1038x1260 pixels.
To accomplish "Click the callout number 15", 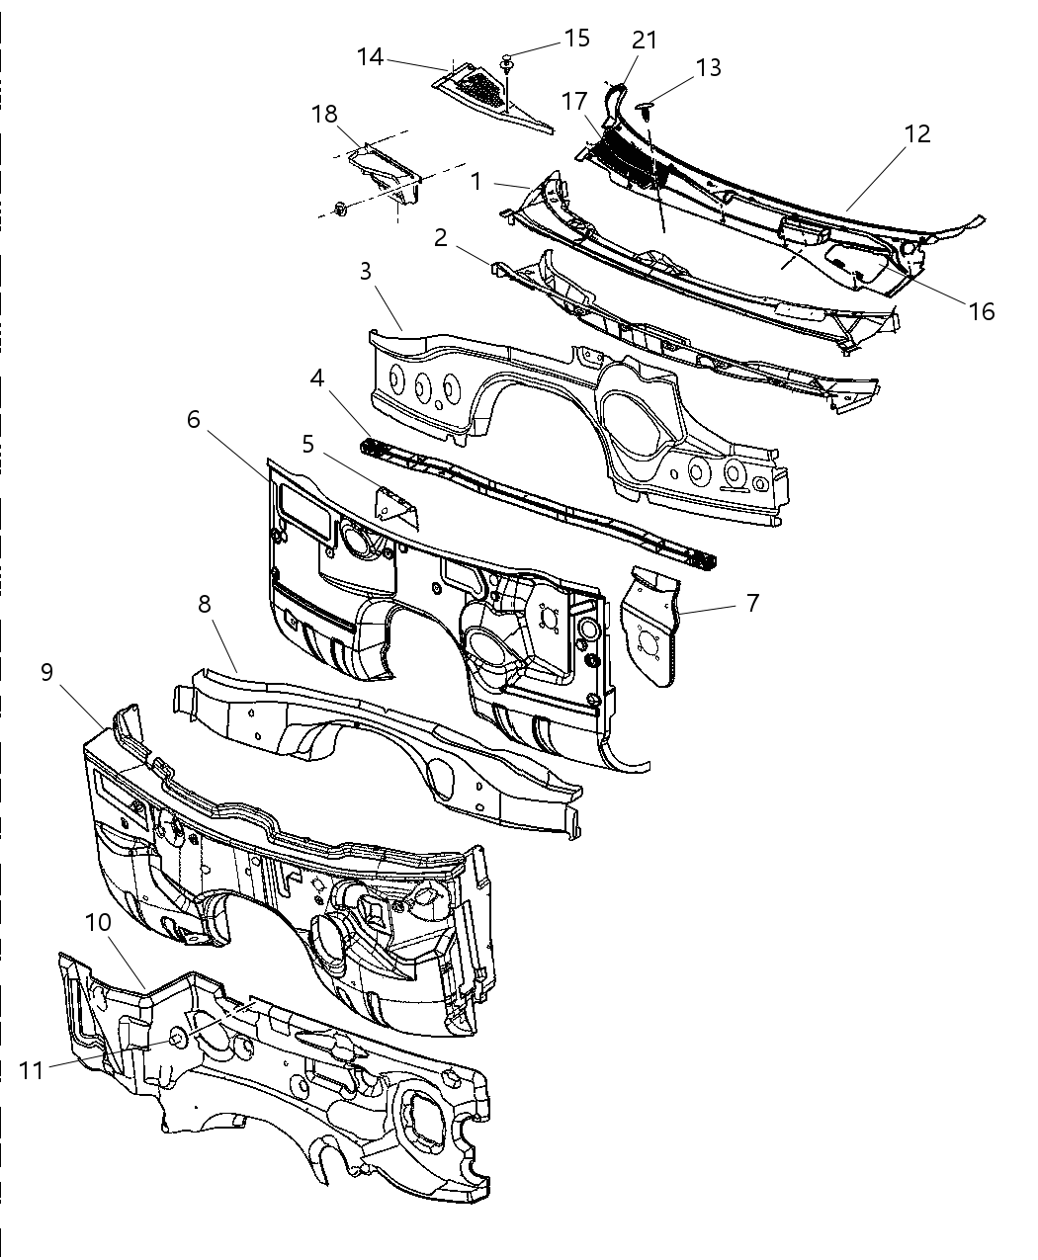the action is pyautogui.click(x=576, y=38).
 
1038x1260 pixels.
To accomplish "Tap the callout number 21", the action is pyautogui.click(x=645, y=40).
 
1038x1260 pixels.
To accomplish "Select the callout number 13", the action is pyautogui.click(x=708, y=67).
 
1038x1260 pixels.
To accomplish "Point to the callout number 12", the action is pyautogui.click(x=917, y=133).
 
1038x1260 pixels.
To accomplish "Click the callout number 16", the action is pyautogui.click(x=982, y=311).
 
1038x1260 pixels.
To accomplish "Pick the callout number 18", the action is pyautogui.click(x=324, y=114).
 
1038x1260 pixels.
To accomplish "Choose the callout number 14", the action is pyautogui.click(x=370, y=56).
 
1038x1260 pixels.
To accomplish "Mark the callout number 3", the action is pyautogui.click(x=366, y=272).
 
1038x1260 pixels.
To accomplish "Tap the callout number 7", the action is pyautogui.click(x=752, y=603).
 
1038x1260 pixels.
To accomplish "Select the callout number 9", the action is pyautogui.click(x=47, y=672).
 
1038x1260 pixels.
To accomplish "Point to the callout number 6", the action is pyautogui.click(x=193, y=419).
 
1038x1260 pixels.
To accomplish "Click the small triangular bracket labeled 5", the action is pyautogui.click(x=396, y=510).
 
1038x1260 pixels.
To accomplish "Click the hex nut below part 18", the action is pyautogui.click(x=341, y=209).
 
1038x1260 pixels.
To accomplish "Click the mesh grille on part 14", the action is pyautogui.click(x=481, y=90).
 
